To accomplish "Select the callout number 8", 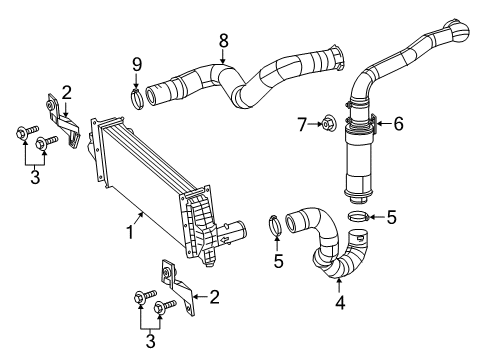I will (x=224, y=41).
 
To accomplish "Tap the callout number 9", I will (x=137, y=66).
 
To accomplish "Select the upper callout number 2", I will (x=66, y=94).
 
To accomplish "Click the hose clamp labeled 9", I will (x=136, y=97).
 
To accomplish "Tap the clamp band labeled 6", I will (x=363, y=127).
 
